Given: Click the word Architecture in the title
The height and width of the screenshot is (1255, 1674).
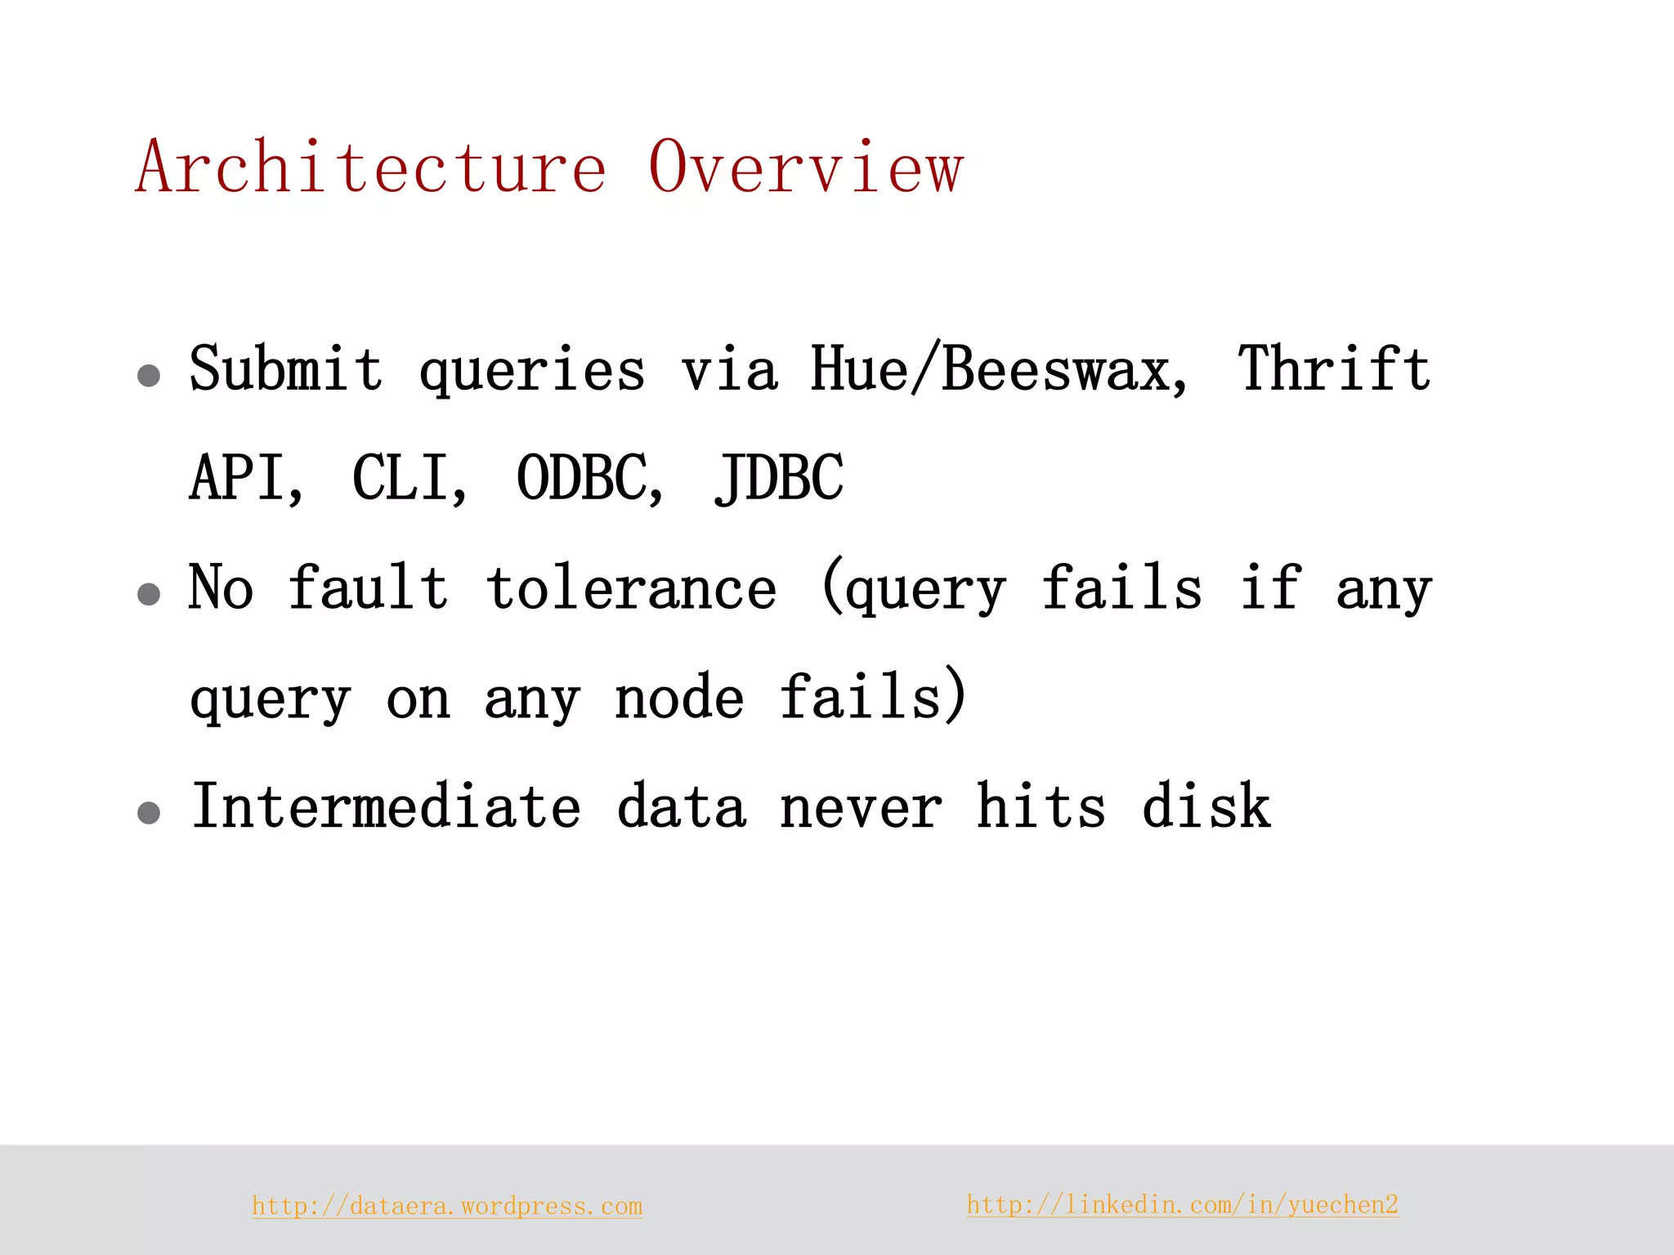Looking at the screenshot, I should pos(371,167).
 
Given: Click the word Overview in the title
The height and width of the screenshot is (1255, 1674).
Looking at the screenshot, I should pos(806,167).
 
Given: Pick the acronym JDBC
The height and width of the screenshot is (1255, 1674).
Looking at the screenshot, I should pos(779,477).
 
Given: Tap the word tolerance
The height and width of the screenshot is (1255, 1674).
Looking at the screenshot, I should pos(631,587).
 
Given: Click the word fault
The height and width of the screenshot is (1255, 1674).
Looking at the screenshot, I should pos(369,587).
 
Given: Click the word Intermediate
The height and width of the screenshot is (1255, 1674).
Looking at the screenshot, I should pos(386,806).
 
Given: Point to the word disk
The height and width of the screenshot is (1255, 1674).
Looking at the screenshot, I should pos(1206,806).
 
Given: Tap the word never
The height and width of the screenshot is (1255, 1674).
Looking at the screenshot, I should pos(861,806).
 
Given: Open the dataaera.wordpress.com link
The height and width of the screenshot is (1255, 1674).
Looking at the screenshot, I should pos(447,1206).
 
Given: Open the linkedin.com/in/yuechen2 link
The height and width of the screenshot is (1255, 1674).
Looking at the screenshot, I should pos(1182,1204).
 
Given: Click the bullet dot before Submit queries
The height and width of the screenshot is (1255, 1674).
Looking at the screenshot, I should pos(149,376).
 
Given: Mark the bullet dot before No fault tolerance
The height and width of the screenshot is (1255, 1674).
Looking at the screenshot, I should pos(149,594).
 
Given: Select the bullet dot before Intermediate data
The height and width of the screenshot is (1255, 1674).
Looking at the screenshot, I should pos(149,813).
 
